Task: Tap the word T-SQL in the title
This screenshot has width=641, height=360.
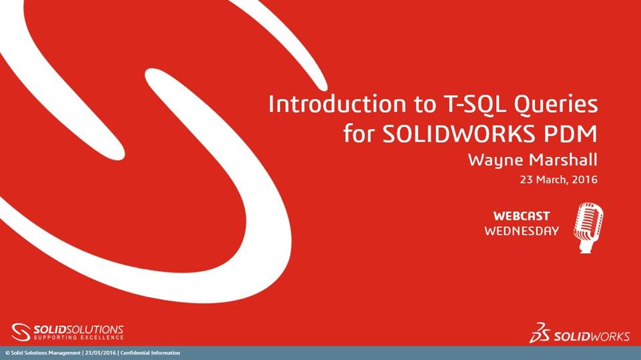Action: pyautogui.click(x=443, y=105)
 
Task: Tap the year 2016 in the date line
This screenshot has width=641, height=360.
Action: pyautogui.click(x=583, y=180)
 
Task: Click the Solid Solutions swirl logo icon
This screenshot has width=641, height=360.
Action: pyautogui.click(x=21, y=332)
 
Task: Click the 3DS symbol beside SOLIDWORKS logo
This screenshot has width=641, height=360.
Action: pyautogui.click(x=540, y=333)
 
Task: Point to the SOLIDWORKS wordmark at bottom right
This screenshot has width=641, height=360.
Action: pyautogui.click(x=591, y=336)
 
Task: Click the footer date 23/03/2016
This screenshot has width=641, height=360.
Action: pyautogui.click(x=100, y=353)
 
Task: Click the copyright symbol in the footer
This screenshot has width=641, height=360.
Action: pyautogui.click(x=7, y=353)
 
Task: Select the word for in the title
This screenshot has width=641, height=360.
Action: pyautogui.click(x=360, y=134)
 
